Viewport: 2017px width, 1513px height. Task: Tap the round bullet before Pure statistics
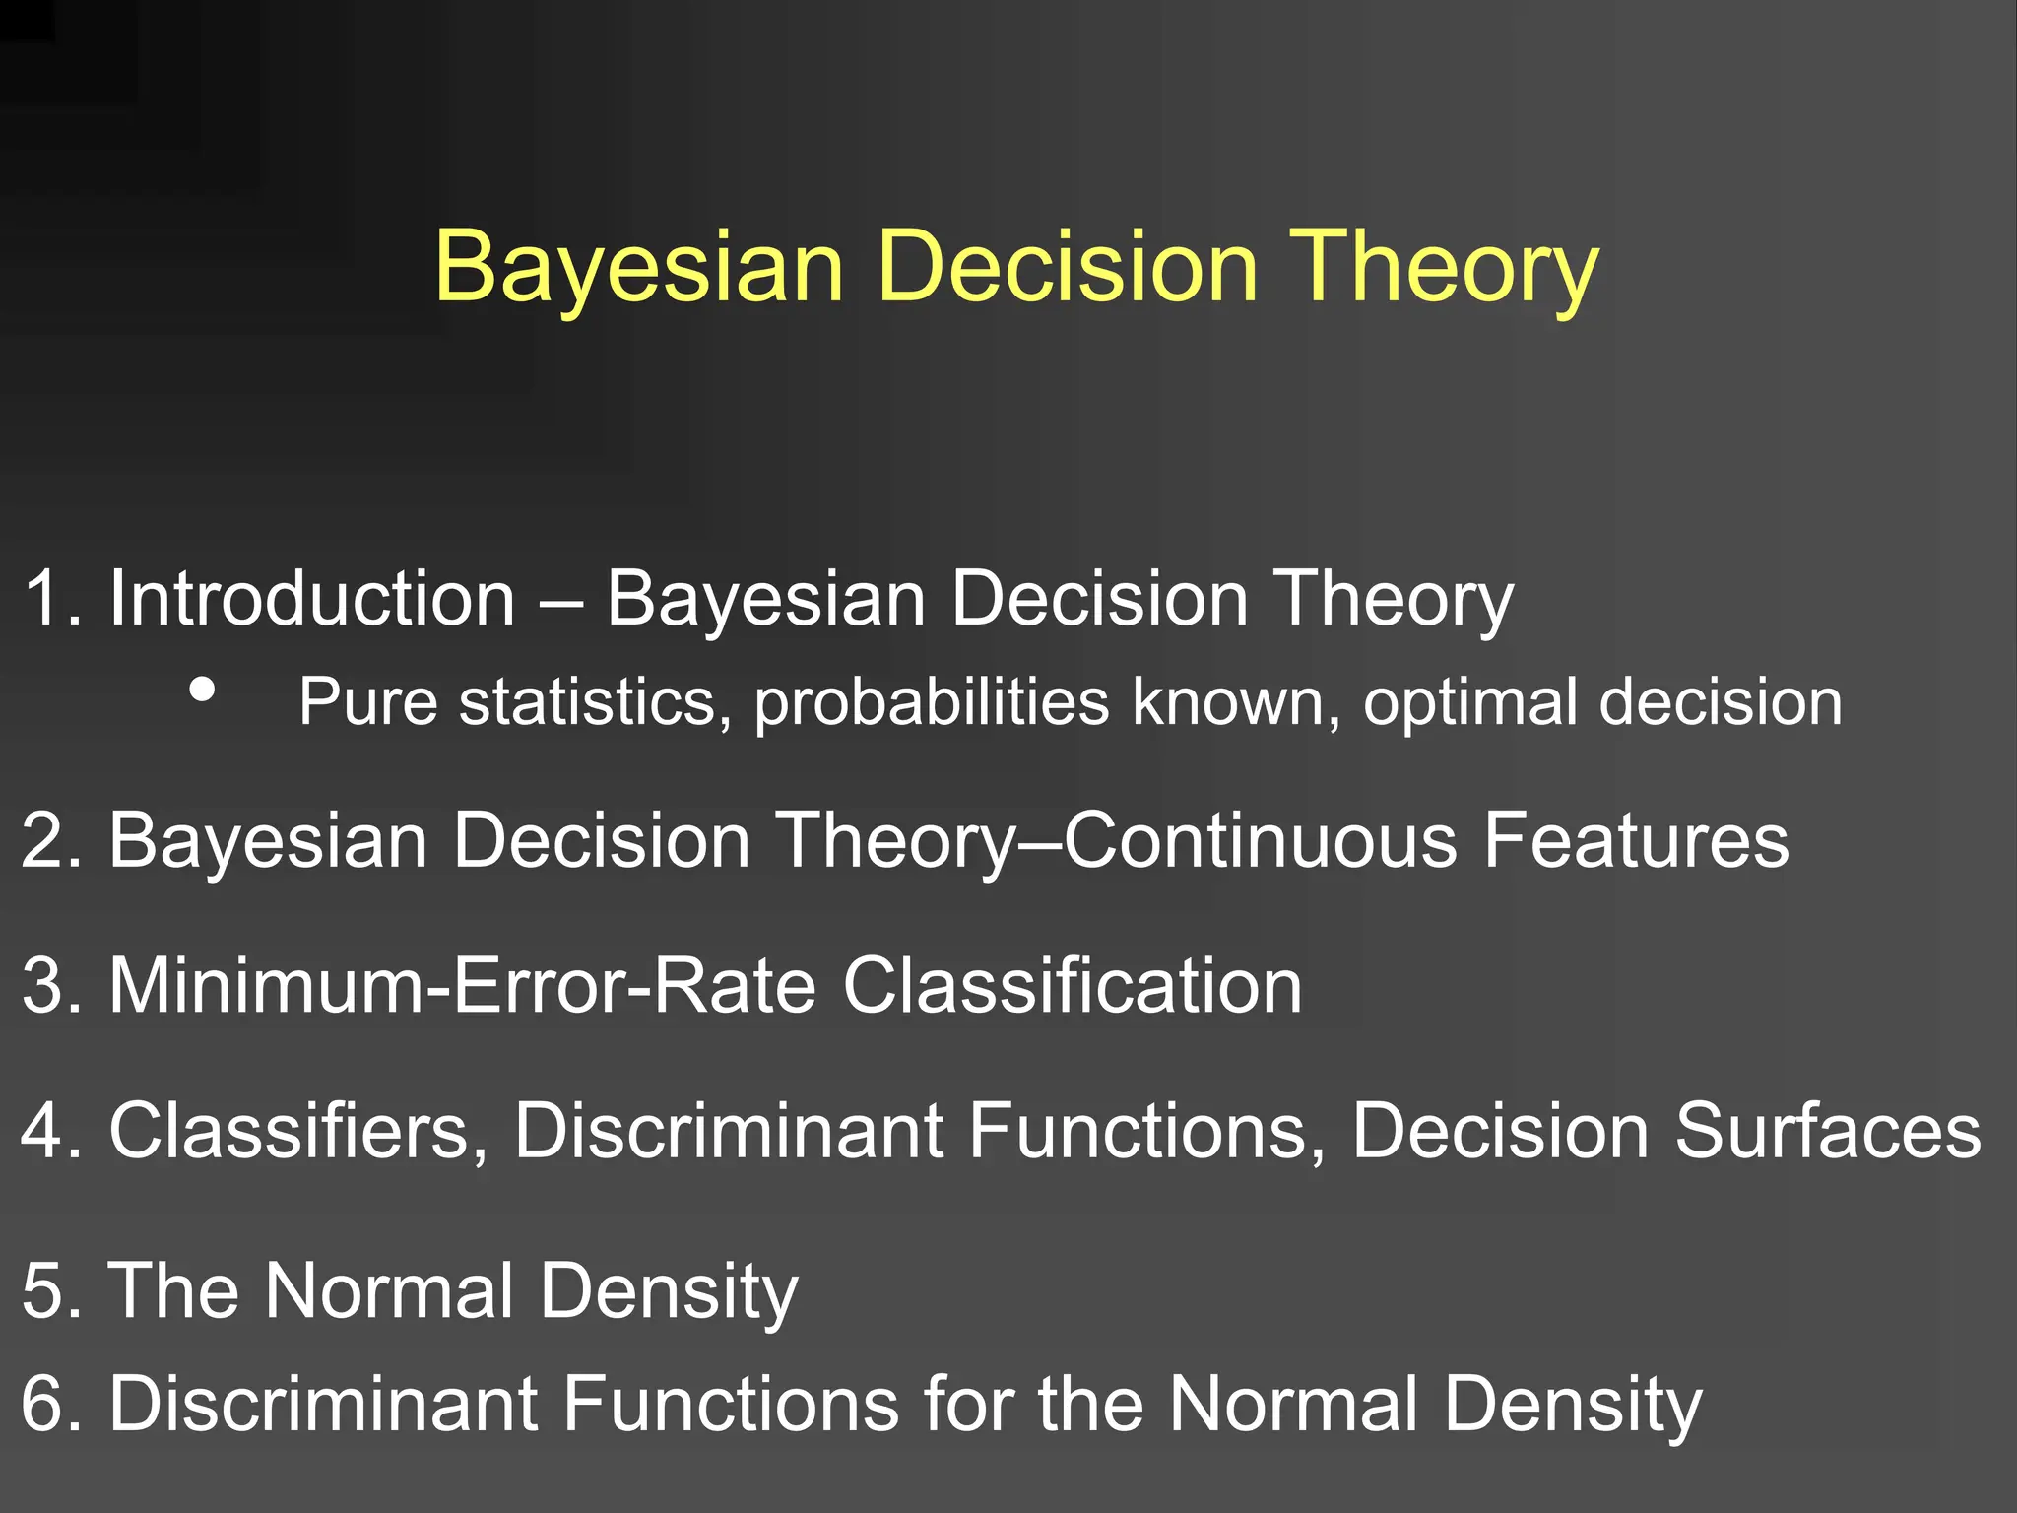(x=203, y=690)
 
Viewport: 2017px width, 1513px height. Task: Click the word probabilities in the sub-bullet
(x=932, y=702)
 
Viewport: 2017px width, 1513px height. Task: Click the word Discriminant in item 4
(x=728, y=1130)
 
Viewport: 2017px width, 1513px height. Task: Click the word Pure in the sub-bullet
(x=367, y=702)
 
